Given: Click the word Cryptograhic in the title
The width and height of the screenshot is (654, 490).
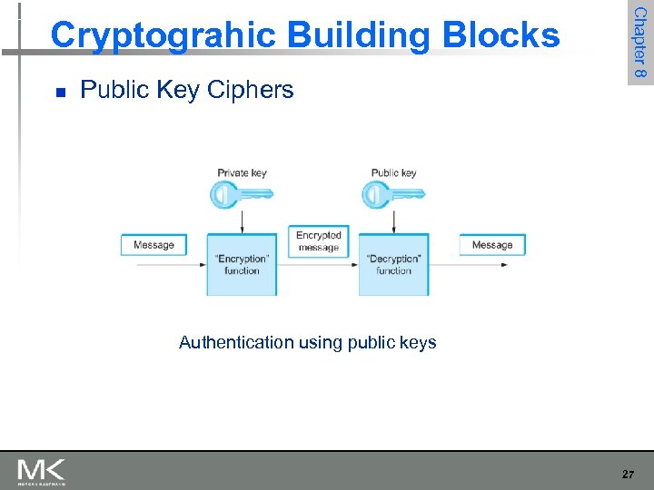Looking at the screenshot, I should [x=163, y=35].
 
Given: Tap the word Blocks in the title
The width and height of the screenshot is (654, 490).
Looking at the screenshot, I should [x=503, y=35].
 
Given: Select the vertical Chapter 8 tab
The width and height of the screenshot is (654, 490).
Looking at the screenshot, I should [x=640, y=43].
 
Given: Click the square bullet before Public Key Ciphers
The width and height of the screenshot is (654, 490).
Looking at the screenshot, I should [x=60, y=92].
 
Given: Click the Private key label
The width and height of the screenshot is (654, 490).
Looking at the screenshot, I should [x=242, y=172].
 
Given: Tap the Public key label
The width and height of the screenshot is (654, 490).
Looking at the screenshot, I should [x=393, y=172].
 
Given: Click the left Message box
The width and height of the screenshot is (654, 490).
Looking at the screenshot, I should [x=154, y=245].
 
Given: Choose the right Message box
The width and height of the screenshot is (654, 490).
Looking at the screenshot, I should [x=492, y=245].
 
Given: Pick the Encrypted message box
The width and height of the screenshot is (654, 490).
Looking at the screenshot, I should [x=318, y=240].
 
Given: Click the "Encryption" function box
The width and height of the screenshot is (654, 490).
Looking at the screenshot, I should [x=242, y=264].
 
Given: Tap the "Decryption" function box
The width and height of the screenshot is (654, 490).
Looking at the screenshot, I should [x=393, y=264].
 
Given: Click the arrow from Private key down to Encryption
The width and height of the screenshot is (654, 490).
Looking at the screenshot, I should [x=242, y=220].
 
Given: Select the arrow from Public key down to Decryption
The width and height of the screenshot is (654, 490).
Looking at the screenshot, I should [x=393, y=220].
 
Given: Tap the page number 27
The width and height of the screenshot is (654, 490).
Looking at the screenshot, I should [x=628, y=474].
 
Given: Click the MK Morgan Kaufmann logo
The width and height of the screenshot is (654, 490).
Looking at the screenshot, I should [x=41, y=472].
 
